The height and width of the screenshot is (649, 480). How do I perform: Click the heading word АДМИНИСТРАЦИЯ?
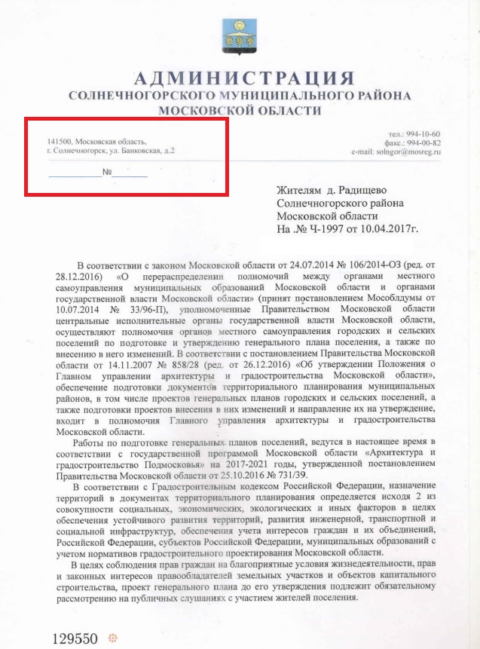[243, 78]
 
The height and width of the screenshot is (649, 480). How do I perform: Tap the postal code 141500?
[59, 142]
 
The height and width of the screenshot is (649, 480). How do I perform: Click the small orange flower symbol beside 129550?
[114, 638]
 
